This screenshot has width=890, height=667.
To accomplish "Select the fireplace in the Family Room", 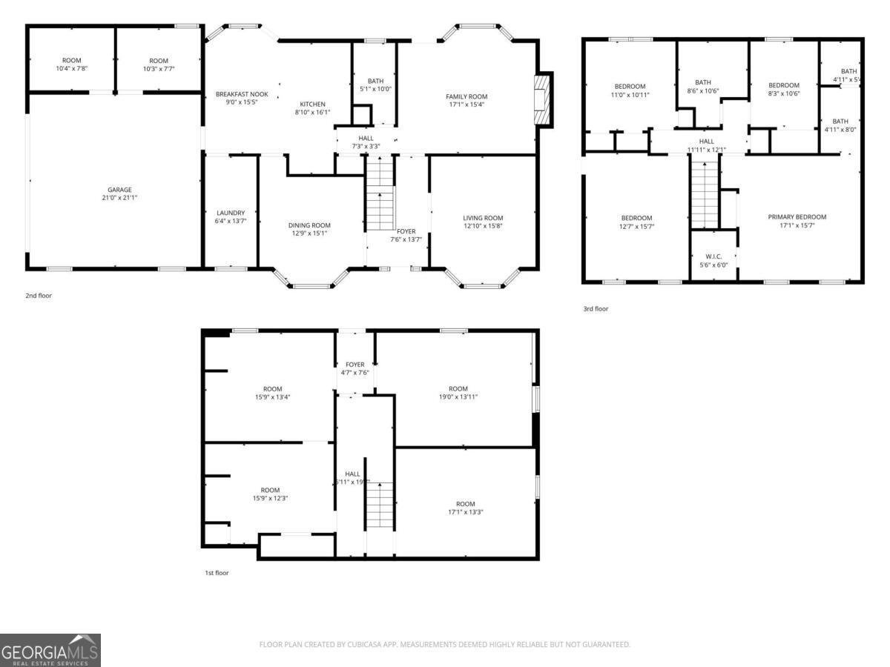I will point(544,99).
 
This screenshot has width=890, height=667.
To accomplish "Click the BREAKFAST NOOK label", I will point(242,94).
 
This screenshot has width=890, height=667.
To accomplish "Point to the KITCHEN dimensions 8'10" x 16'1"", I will point(312,113).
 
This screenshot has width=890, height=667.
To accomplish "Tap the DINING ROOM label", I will point(309,225).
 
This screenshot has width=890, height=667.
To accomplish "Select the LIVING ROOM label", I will point(483,218).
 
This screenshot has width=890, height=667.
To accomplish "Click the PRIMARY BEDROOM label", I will point(797,217).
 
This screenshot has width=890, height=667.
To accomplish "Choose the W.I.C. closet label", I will point(713,256).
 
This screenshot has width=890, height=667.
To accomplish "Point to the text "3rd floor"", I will point(595,308).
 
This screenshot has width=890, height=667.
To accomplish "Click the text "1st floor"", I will point(217,572).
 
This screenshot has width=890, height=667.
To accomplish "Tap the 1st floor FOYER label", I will point(355,364).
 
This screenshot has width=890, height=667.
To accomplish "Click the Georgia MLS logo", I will point(50,649).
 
